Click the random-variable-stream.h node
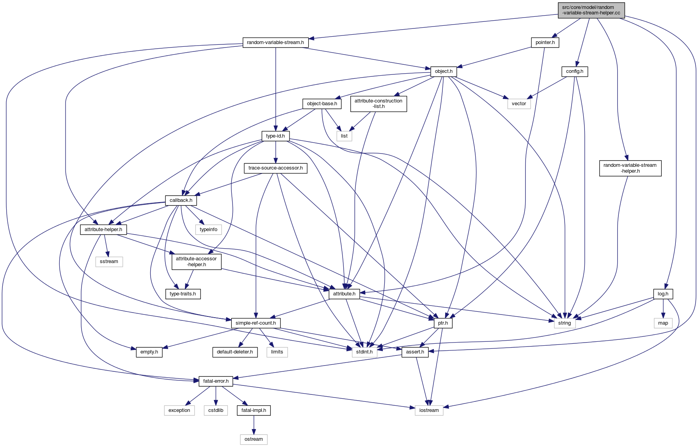275,42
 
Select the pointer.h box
545,42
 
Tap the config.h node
574,71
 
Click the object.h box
444,71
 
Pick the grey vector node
519,104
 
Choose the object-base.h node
322,104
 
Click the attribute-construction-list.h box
378,104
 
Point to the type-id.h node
275,136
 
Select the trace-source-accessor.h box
275,168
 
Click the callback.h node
181,200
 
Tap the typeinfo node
208,230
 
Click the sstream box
109,261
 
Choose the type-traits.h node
183,294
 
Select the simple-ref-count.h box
256,323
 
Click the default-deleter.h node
234,352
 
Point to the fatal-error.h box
216,381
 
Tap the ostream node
254,439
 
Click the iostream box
429,410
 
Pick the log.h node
663,294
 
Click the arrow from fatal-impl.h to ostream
254,425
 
